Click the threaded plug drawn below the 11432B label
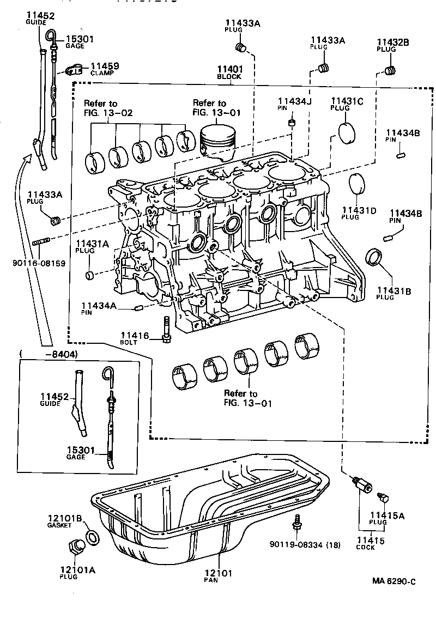[x=390, y=70]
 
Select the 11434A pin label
[x=99, y=306]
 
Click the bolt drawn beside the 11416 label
[x=166, y=330]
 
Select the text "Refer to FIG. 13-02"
[x=108, y=108]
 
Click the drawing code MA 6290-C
[x=394, y=581]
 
